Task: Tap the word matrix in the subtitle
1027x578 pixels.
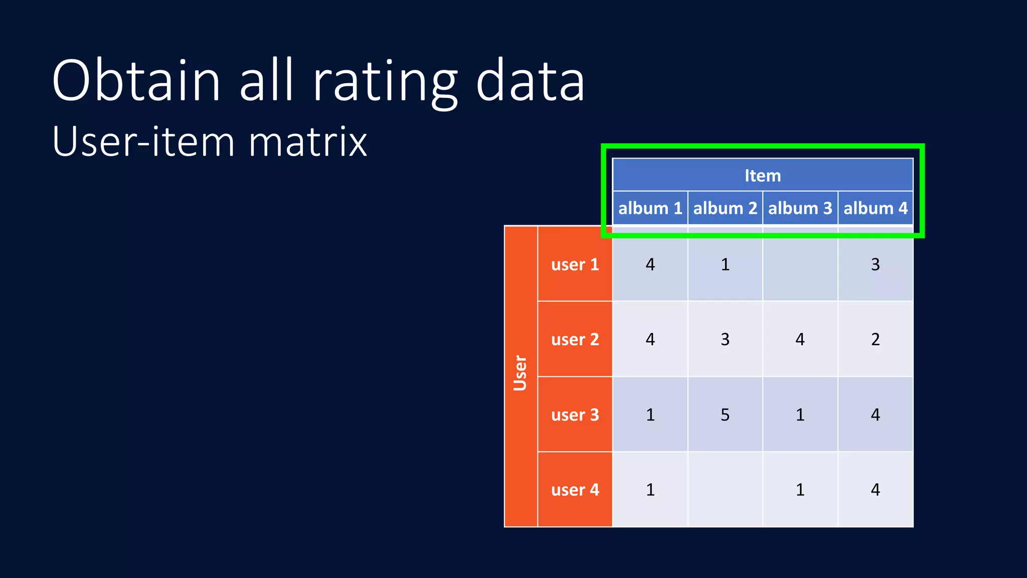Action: pos(307,142)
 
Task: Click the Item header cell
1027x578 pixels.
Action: pos(762,176)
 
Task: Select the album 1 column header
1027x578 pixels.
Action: pos(650,208)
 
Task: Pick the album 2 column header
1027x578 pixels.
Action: pos(725,208)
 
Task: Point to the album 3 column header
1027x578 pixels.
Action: pos(800,208)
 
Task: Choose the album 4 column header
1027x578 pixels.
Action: pos(876,208)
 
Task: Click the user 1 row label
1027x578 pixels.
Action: pos(575,264)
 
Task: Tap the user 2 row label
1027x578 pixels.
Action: pos(575,340)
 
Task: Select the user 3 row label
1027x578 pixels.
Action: pos(575,415)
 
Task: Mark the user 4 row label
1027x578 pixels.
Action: pos(575,490)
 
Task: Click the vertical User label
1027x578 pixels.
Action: pos(521,373)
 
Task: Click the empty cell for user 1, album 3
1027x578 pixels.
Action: pos(800,264)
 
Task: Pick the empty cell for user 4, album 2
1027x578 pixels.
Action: pos(725,490)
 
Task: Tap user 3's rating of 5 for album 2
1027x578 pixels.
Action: pos(725,415)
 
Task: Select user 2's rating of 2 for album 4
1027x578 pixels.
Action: pos(876,340)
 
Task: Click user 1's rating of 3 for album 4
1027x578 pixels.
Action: pos(876,264)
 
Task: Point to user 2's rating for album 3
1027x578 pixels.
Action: pos(800,340)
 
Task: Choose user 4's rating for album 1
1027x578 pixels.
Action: pos(650,490)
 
